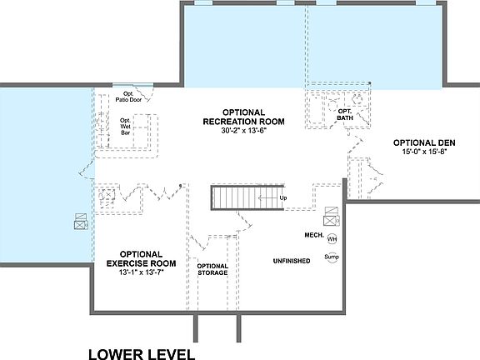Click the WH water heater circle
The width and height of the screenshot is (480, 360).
(x=332, y=239)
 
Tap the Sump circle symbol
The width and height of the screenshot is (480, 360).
(x=332, y=258)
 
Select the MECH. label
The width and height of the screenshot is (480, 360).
(x=314, y=235)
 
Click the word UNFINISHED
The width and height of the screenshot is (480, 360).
(x=292, y=261)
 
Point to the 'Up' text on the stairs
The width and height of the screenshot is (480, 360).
(x=282, y=197)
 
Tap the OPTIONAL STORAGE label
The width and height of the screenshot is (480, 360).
(x=212, y=268)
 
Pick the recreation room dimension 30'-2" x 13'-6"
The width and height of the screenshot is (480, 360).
(x=242, y=131)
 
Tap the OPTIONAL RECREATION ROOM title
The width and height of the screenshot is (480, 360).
(x=243, y=117)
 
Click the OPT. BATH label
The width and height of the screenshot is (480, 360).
(x=345, y=114)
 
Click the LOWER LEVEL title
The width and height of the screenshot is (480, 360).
(x=142, y=354)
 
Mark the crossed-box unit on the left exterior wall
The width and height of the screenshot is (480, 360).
(x=82, y=222)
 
